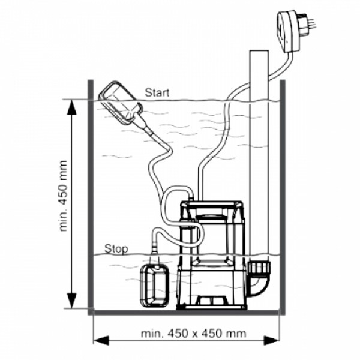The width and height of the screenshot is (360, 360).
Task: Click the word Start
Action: tap(157, 92)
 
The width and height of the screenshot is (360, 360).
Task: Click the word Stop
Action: tap(116, 249)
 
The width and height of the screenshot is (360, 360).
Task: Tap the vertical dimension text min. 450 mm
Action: tap(64, 196)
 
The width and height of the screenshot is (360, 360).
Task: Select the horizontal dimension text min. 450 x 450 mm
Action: tap(193, 334)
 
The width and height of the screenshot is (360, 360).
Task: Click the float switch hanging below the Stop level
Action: tap(155, 286)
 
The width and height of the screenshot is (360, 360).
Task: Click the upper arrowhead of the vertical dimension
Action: tap(72, 107)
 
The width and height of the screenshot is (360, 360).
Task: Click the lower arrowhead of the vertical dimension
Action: tap(72, 301)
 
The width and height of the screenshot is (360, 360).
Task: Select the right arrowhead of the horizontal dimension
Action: tap(272, 340)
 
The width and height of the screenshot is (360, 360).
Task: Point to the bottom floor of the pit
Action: tap(187, 313)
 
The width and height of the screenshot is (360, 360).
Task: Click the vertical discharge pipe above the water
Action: tap(259, 76)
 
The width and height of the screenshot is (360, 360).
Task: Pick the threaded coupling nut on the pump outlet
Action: tap(259, 266)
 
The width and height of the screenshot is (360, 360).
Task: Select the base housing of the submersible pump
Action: tap(212, 290)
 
